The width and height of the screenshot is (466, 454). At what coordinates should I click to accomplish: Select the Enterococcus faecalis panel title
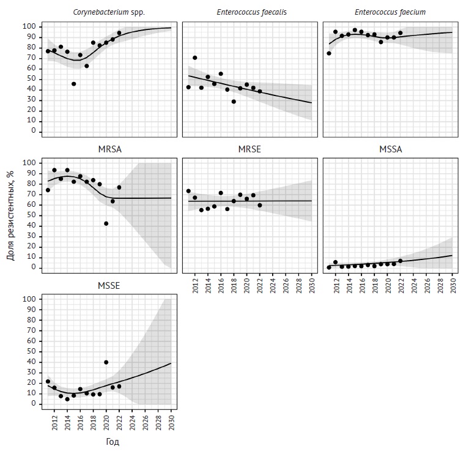(x=247, y=12)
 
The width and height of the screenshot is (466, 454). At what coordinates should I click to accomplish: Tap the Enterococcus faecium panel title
(x=388, y=12)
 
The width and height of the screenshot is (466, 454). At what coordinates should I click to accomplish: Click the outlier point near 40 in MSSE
(x=106, y=362)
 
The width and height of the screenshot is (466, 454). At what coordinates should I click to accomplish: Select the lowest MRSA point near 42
(x=106, y=224)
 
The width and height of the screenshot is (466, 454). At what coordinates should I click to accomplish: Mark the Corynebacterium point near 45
(x=74, y=84)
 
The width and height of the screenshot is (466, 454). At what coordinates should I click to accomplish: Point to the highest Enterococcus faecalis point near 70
(x=195, y=58)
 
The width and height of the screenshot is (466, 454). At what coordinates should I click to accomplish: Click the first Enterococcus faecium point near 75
(x=329, y=53)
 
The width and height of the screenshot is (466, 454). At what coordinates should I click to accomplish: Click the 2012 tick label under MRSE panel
(x=195, y=286)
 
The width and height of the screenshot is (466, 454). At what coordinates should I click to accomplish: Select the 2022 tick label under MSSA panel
(x=401, y=286)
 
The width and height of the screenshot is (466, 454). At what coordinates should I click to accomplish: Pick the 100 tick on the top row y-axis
(x=28, y=27)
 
